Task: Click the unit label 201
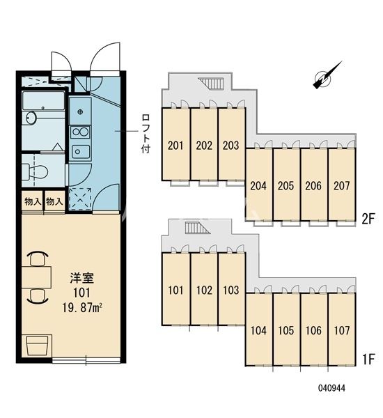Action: (175, 146)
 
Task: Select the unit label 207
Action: (341, 186)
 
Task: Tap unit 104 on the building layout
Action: (258, 331)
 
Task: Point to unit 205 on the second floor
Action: (286, 186)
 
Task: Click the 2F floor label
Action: (368, 217)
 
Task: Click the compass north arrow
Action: (328, 76)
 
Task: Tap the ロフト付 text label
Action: (146, 132)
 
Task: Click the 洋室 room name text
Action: (78, 277)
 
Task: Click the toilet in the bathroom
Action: (36, 171)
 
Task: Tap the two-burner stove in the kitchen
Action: (81, 132)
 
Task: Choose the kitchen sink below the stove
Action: (81, 151)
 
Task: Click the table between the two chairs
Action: (36, 277)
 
